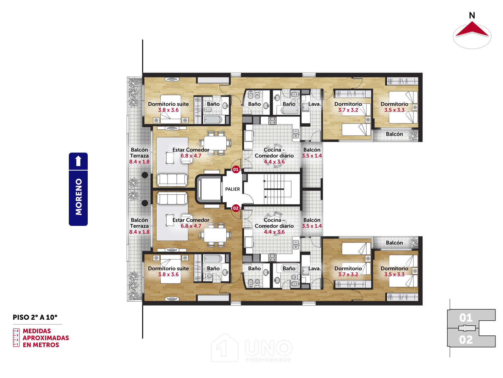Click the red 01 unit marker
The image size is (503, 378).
coord(235,169)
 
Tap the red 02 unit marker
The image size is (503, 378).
coord(235,208)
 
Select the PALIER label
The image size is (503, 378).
coord(232,189)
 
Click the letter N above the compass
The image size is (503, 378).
coord(472,15)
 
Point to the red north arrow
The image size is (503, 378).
coord(472,29)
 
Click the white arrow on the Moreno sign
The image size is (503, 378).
coord(78,161)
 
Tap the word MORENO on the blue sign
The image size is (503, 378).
coord(79,197)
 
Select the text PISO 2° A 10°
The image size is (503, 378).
coord(35,318)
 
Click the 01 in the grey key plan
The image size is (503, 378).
coord(466,318)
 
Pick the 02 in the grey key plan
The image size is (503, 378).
coord(466,340)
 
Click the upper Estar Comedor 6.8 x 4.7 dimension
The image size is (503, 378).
coord(191,156)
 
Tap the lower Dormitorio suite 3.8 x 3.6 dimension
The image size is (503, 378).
coord(169,274)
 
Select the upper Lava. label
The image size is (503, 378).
coord(314,104)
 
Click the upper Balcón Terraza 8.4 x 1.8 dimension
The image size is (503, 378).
coord(139,162)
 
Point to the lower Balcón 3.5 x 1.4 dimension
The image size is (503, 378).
coord(312,226)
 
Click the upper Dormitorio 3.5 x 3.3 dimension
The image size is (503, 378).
coord(394,110)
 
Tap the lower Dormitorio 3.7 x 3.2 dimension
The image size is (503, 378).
coord(348,274)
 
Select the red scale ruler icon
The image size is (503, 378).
coord(16,338)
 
